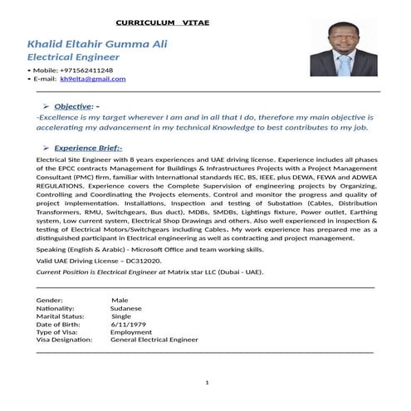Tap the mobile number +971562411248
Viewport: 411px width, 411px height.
coord(84,71)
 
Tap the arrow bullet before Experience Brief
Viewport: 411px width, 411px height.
coord(44,144)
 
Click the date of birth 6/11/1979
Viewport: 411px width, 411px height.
coord(127,324)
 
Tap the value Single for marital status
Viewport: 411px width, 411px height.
coord(121,316)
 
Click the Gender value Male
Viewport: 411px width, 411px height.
coord(120,300)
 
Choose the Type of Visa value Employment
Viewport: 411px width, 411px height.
coord(131,331)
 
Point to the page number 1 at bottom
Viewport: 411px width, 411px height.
coord(206,384)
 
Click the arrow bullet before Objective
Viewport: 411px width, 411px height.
coord(44,107)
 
